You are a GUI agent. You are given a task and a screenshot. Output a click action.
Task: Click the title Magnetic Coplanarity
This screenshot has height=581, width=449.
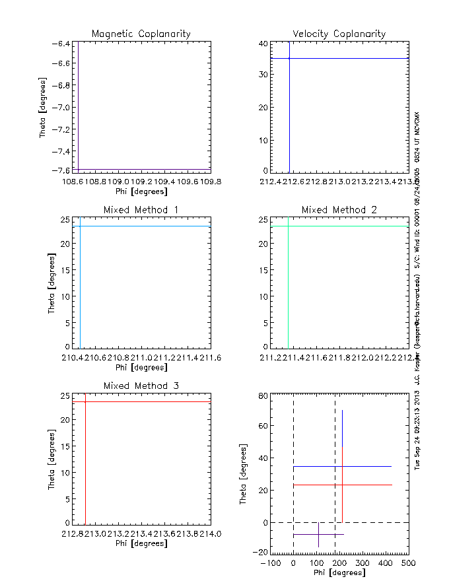click(x=141, y=34)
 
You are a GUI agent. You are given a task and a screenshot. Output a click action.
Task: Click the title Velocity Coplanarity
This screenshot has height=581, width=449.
click(x=339, y=34)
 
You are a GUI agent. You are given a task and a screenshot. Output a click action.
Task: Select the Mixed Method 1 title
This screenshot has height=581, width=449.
click(x=141, y=210)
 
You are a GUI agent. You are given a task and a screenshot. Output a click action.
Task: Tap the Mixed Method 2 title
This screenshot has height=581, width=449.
click(x=339, y=210)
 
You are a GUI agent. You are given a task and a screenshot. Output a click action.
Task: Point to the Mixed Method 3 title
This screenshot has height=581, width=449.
click(x=141, y=386)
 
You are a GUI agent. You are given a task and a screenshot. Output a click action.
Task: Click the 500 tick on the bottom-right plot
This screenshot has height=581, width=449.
click(x=408, y=563)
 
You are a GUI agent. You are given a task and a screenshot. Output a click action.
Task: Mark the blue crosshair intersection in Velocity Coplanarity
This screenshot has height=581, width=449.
click(x=289, y=58)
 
